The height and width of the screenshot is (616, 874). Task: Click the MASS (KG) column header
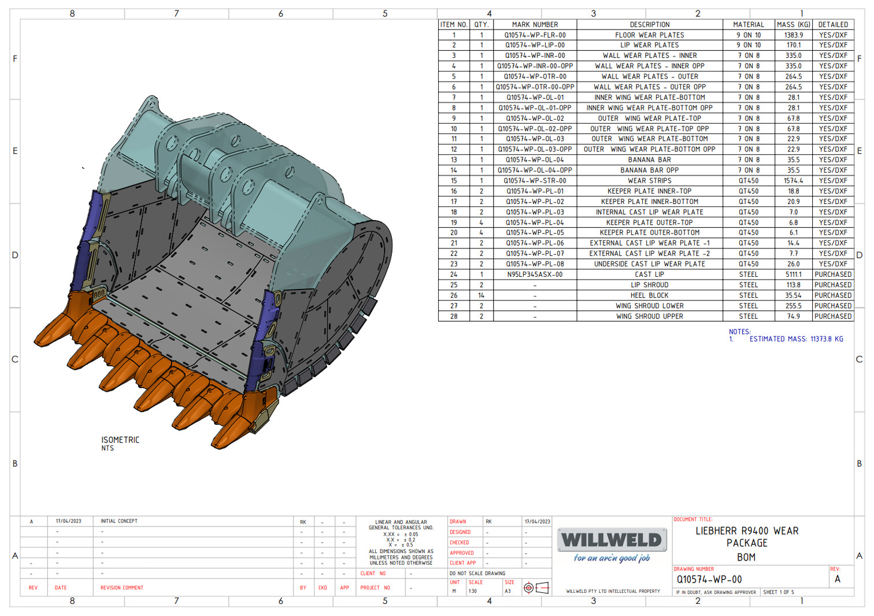[x=793, y=24]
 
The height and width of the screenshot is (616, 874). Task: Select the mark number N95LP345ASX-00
[x=535, y=274]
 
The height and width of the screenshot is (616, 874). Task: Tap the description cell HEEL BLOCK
[x=649, y=295]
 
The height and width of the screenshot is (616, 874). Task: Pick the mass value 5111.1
[x=793, y=274]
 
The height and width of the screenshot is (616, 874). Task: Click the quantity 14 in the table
[x=481, y=295]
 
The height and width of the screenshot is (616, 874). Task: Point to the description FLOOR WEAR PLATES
[x=649, y=35]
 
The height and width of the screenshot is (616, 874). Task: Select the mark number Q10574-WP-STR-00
[x=535, y=181]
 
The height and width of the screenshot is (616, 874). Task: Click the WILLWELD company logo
[x=612, y=540]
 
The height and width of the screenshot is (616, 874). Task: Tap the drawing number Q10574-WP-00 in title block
[x=709, y=580]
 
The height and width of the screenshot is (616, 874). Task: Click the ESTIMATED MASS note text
[x=796, y=339]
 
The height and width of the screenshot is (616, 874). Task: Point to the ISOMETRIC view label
[x=120, y=440]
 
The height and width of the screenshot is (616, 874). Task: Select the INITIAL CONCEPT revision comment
[x=119, y=521]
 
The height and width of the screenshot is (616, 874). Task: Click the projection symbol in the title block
[x=535, y=588]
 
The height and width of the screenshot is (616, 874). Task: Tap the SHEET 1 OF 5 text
[x=778, y=592]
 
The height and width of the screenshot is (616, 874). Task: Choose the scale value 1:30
[x=473, y=591]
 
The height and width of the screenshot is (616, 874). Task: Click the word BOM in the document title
[x=746, y=558]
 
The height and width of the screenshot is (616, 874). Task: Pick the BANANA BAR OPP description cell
[x=649, y=170]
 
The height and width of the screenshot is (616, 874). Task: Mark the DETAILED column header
[x=833, y=24]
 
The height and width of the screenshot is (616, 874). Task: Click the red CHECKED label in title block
[x=460, y=543]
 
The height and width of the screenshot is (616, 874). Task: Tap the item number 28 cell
[x=454, y=317]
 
